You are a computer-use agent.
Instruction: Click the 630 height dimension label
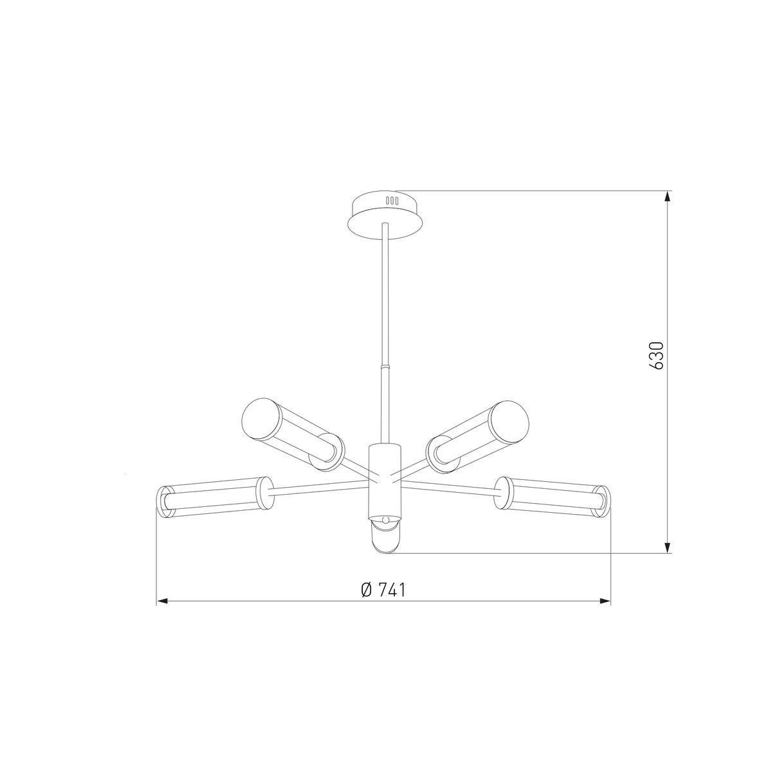click(657, 356)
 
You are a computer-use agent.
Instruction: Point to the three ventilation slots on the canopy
click(391, 201)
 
